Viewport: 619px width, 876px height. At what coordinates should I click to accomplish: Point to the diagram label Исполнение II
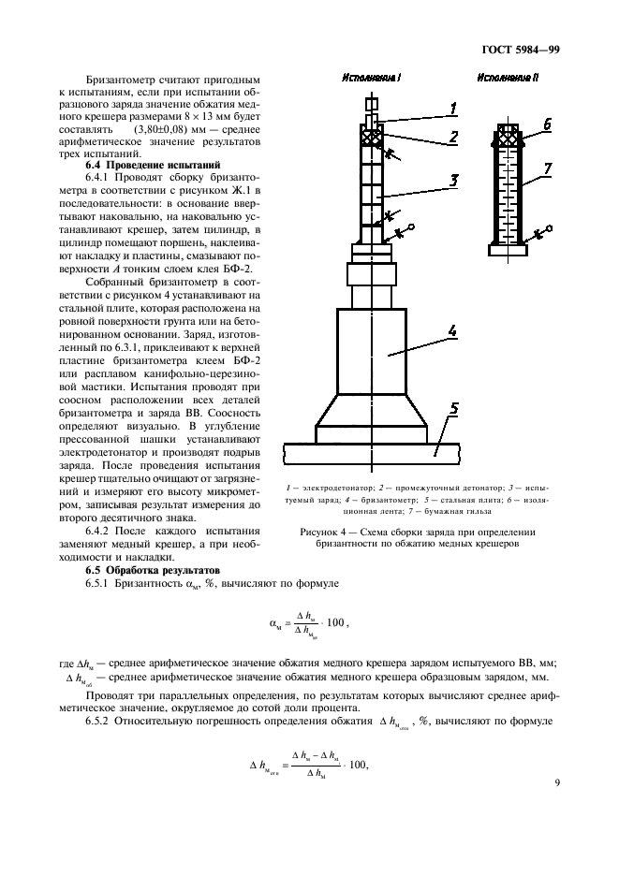click(x=507, y=79)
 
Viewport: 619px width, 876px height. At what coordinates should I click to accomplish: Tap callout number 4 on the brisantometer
click(x=450, y=331)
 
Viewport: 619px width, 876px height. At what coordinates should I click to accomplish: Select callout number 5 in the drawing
click(x=452, y=409)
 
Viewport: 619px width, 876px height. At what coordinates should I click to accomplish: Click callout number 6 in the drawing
click(x=546, y=123)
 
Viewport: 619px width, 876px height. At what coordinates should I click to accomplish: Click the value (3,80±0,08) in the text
click(x=168, y=127)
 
